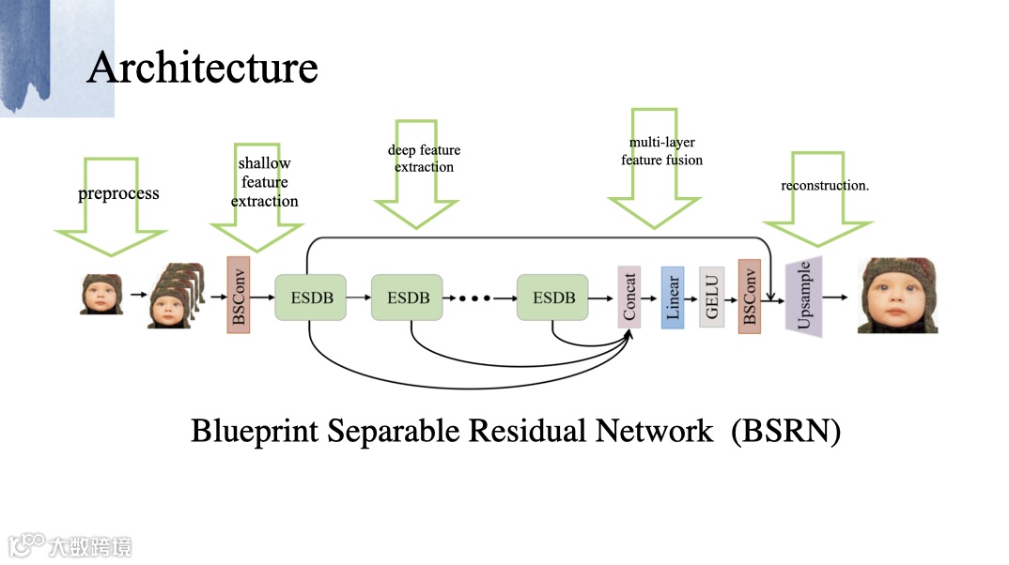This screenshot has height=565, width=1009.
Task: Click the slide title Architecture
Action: (202, 69)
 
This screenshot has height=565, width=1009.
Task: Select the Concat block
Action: (629, 297)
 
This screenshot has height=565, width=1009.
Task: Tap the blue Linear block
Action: (672, 297)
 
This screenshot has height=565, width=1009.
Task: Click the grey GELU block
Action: (711, 297)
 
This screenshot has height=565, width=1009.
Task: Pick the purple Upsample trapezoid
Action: (804, 297)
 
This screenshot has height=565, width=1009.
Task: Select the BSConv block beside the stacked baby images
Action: (238, 294)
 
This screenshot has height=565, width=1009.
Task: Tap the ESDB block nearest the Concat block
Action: (552, 298)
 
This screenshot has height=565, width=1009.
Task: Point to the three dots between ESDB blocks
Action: (474, 298)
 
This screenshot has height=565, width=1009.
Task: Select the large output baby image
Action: (897, 296)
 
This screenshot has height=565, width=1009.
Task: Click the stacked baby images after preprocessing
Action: (176, 295)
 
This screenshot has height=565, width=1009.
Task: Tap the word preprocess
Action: (118, 194)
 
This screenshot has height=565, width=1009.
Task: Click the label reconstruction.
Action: (825, 185)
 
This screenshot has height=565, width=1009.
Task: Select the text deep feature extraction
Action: (424, 159)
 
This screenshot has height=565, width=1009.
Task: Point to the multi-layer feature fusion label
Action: (661, 151)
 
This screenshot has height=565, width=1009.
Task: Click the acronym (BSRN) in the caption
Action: (786, 431)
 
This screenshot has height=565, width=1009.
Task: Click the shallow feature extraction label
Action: (264, 182)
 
